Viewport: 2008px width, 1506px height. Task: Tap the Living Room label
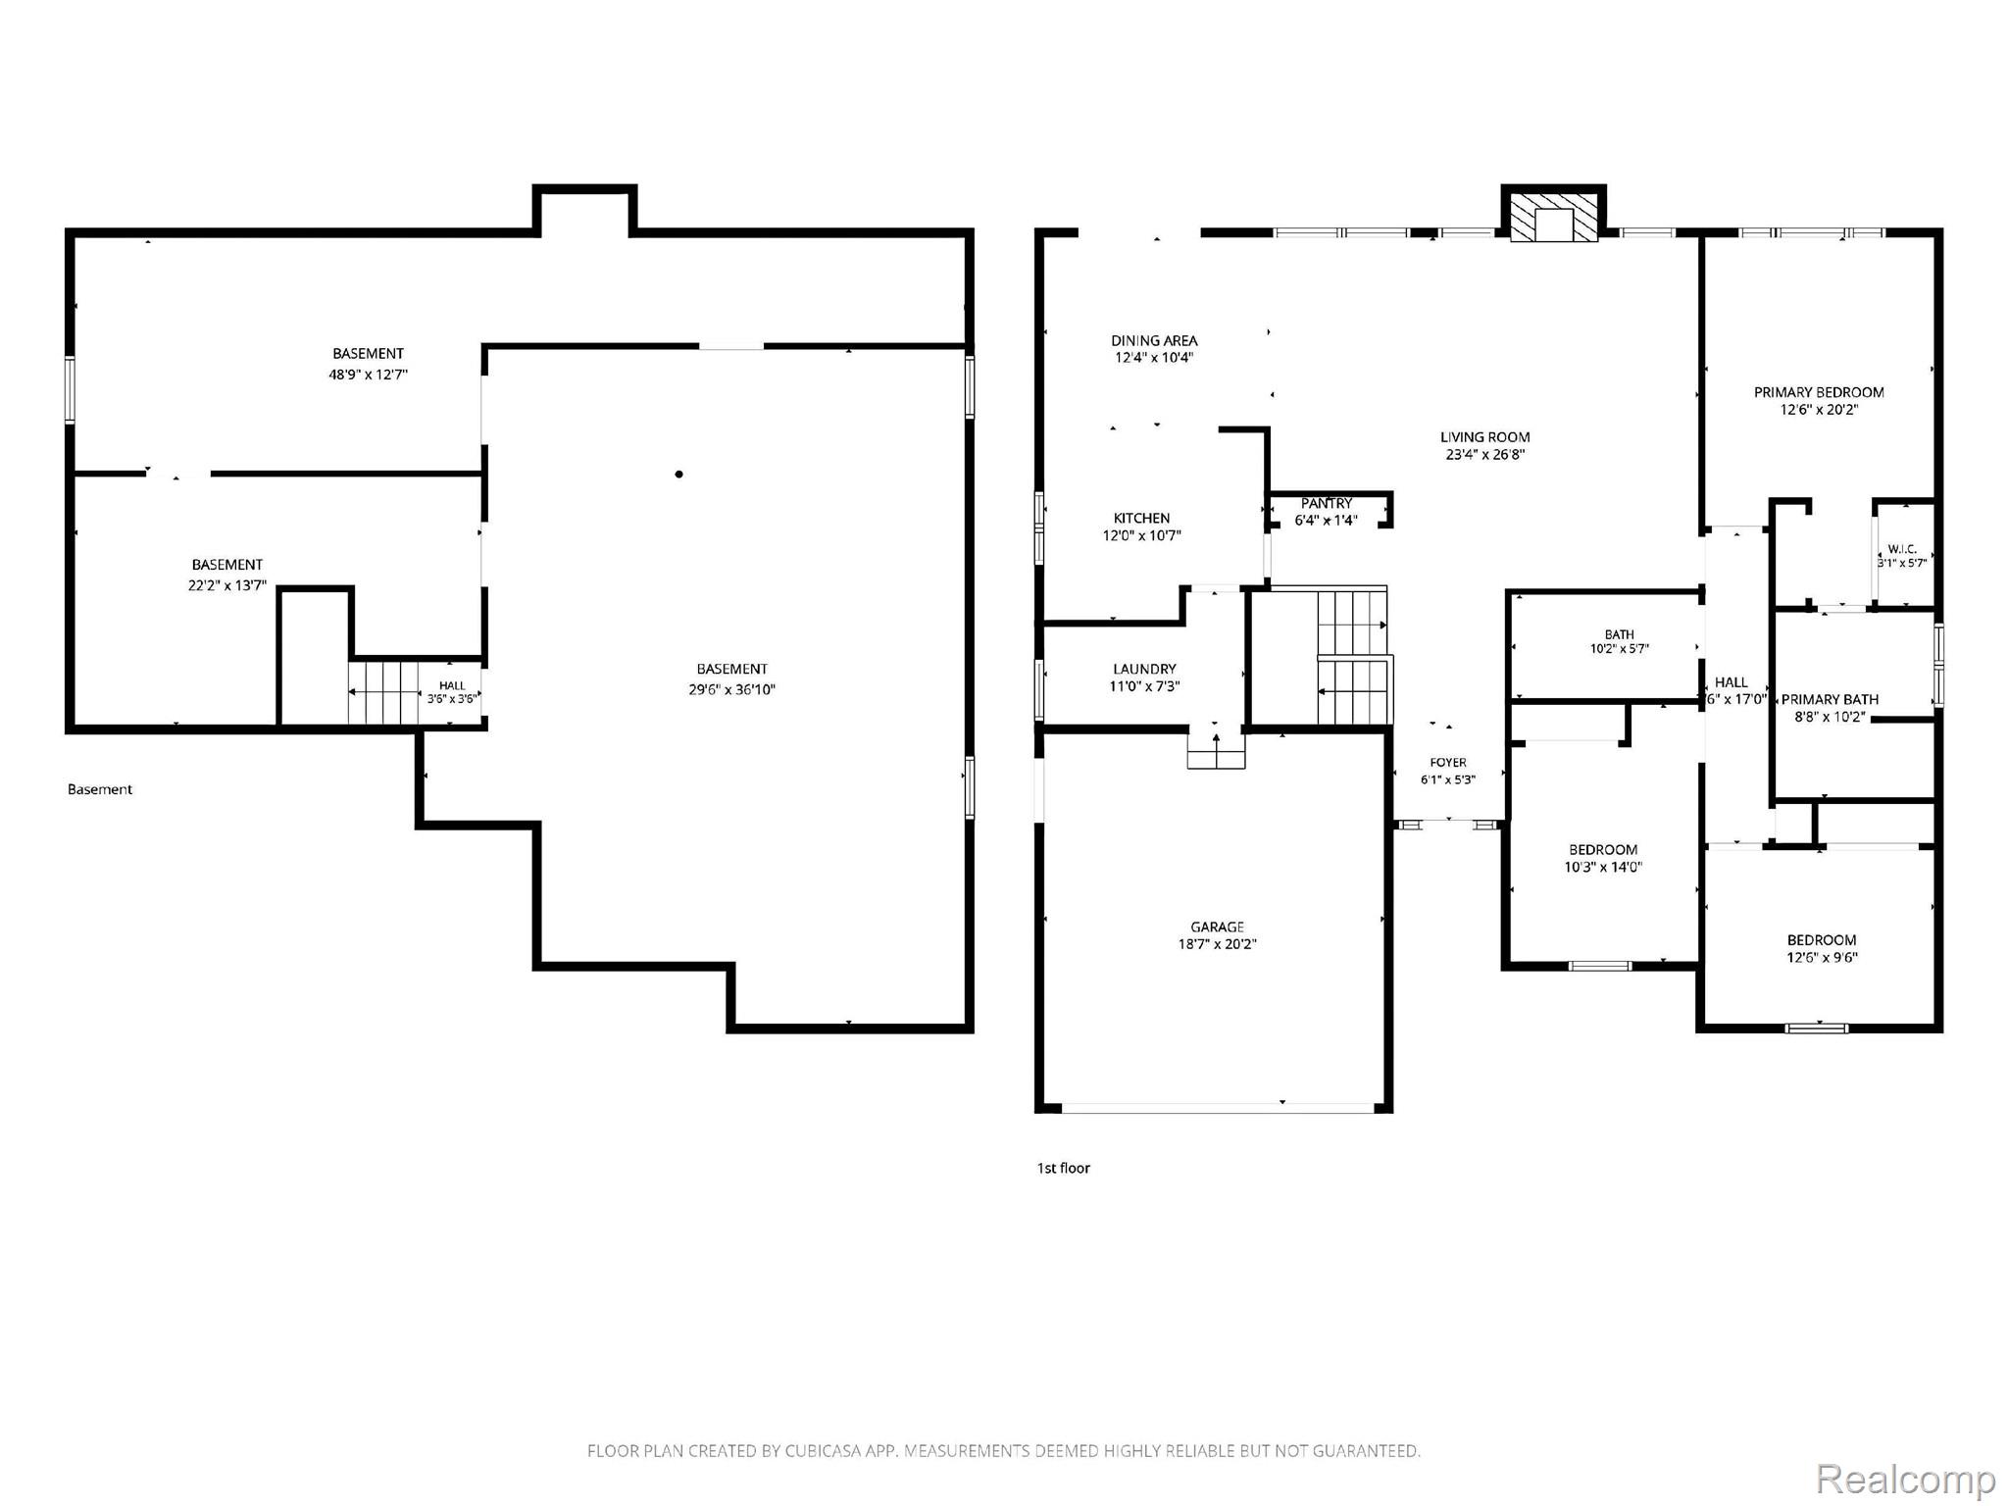tap(1484, 437)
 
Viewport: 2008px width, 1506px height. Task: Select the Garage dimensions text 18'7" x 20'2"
tap(1217, 944)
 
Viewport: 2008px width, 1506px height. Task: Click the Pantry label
tap(1327, 503)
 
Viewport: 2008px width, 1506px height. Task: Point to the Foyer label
tap(1448, 762)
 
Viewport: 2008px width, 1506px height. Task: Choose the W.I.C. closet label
tap(1902, 549)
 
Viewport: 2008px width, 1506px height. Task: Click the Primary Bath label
tap(1830, 699)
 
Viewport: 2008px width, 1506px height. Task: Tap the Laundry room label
tap(1144, 669)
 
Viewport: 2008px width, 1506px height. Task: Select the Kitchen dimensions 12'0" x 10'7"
tap(1141, 535)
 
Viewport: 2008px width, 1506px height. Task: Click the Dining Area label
tap(1154, 340)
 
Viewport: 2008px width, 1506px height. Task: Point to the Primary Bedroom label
tap(1819, 392)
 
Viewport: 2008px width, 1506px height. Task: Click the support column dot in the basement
tap(678, 475)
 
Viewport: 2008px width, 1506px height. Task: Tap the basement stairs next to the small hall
tap(383, 693)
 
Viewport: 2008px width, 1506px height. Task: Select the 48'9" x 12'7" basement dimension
tap(368, 375)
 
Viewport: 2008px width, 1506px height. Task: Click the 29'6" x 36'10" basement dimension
tap(731, 689)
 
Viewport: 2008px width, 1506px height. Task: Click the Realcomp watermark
tap(1906, 1478)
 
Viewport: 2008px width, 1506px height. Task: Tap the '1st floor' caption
tap(1064, 1168)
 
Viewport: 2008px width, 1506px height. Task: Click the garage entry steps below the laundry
tap(1216, 750)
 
